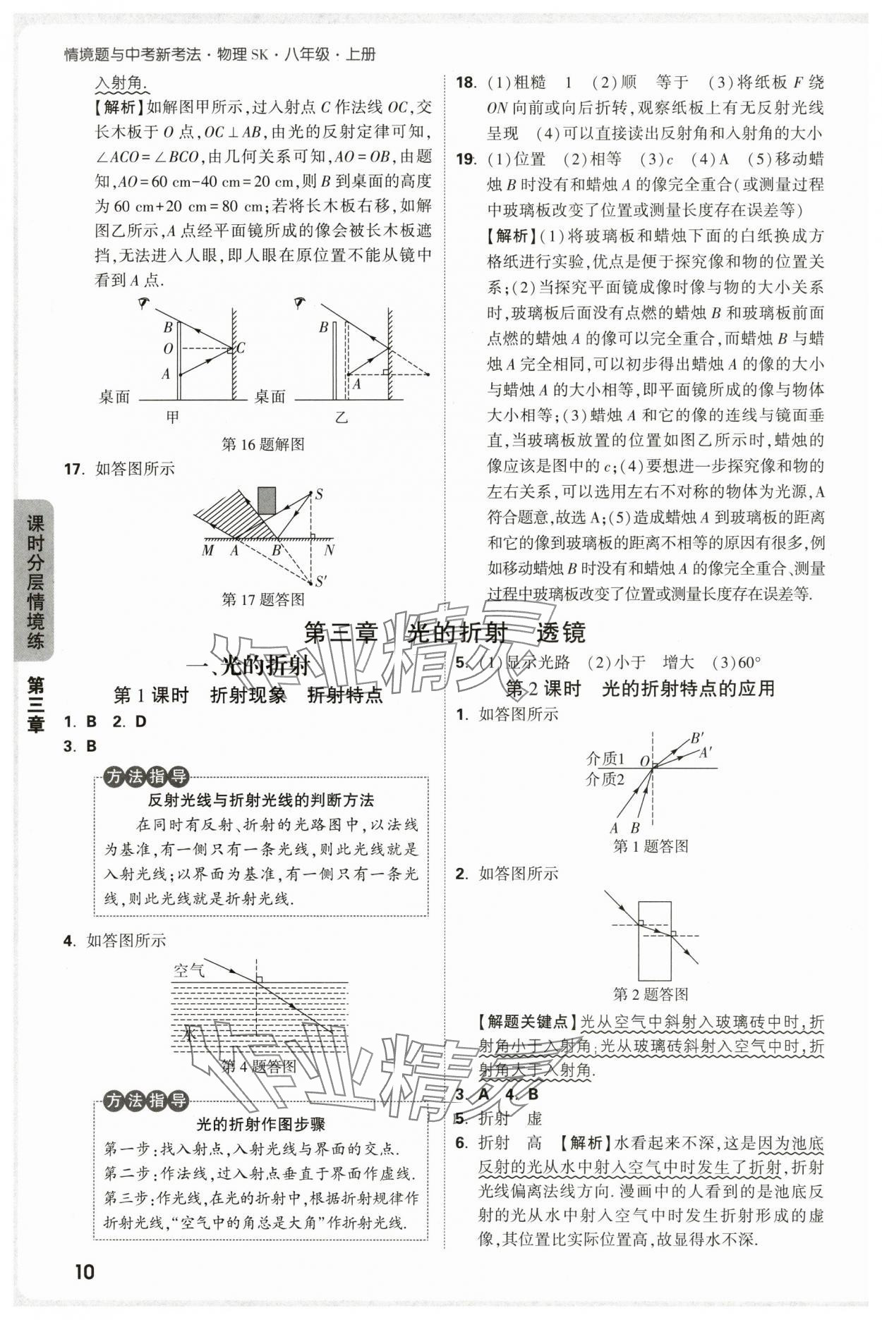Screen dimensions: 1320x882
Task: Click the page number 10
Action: click(x=83, y=1271)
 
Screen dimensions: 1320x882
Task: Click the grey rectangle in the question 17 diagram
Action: click(x=267, y=501)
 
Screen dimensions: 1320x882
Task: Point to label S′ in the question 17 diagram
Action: click(x=320, y=582)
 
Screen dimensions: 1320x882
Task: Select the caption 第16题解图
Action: click(x=262, y=444)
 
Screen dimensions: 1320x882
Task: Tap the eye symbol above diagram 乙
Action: click(x=300, y=303)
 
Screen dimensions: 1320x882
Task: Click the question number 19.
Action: click(x=466, y=159)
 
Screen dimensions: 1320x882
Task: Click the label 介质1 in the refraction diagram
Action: click(x=605, y=759)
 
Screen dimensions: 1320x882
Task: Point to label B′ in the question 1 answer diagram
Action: click(x=696, y=738)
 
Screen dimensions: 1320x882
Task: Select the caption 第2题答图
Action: click(x=650, y=994)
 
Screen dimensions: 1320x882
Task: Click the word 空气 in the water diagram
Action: click(x=188, y=970)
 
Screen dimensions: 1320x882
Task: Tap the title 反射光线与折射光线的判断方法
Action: click(x=260, y=800)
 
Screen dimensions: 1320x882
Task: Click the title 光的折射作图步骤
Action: click(x=260, y=1124)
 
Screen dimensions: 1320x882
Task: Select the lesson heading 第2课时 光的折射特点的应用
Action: click(x=640, y=689)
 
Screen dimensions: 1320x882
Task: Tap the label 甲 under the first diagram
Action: click(x=172, y=417)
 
